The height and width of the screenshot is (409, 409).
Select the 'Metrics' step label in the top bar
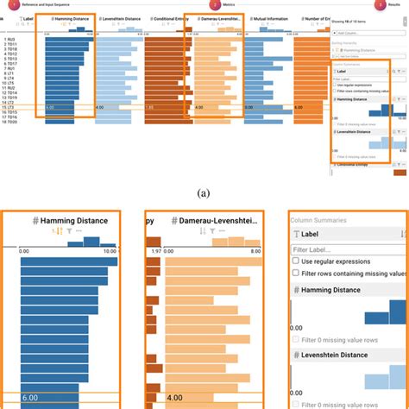[230, 5]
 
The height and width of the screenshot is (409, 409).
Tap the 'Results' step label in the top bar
[393, 5]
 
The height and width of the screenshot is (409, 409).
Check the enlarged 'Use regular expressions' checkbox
[297, 261]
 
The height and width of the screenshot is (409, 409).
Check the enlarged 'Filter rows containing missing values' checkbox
[297, 274]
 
